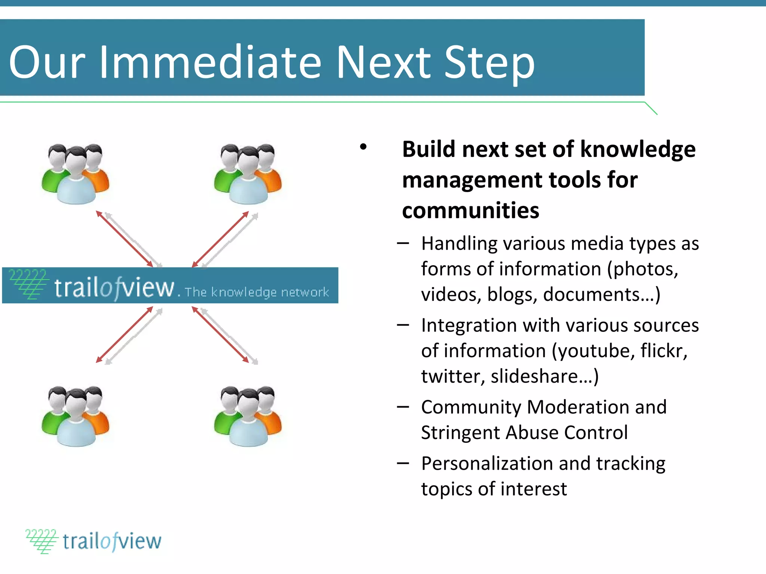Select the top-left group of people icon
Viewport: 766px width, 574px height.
click(76, 174)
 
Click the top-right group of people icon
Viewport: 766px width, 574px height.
click(248, 174)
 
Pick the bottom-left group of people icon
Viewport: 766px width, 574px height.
click(76, 416)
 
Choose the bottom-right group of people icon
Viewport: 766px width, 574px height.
click(248, 416)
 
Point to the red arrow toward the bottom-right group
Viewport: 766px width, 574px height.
click(221, 335)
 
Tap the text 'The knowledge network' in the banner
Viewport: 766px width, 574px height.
click(257, 292)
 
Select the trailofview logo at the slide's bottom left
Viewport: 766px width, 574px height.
click(94, 541)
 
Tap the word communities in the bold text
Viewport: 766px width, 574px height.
click(471, 210)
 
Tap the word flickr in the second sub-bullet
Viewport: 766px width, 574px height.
click(663, 351)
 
